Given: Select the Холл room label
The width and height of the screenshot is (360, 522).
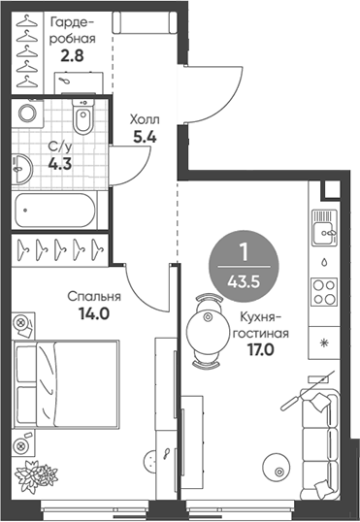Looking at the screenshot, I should tap(146, 120).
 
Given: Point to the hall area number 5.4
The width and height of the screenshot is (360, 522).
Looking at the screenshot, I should tap(146, 138).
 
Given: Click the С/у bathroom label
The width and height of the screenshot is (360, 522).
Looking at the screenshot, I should tap(59, 147).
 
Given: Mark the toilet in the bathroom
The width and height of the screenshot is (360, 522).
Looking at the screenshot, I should tap(84, 120).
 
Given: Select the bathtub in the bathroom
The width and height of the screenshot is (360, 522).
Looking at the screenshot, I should tap(55, 208).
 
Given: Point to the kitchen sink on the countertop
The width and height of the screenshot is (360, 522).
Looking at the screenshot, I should tap(322, 232).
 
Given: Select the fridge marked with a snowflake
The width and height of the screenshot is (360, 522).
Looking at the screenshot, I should tap(322, 343).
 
